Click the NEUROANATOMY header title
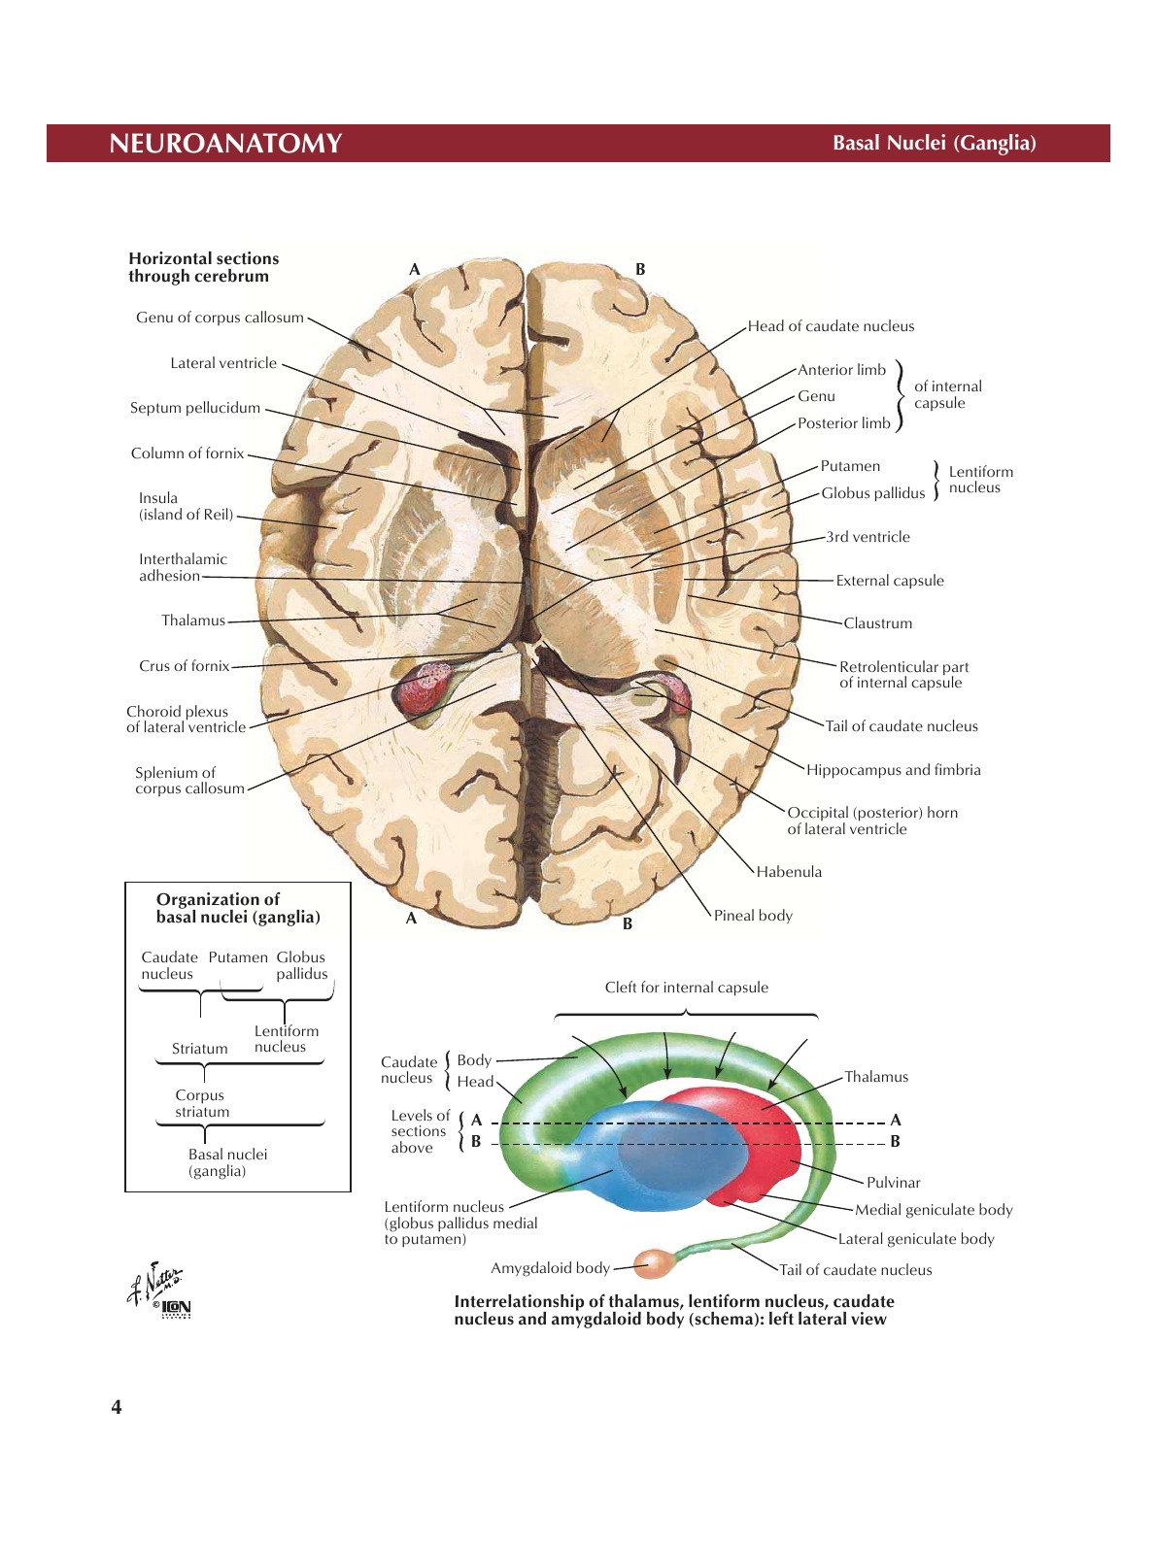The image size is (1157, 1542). point(225,144)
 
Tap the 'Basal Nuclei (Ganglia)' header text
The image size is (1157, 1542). point(934,144)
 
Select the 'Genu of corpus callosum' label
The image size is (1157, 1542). point(220,318)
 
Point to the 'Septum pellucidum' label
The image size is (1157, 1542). point(195,408)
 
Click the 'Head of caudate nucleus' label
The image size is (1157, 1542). point(831,326)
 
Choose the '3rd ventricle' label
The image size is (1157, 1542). point(868,537)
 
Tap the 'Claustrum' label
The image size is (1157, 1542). point(877,623)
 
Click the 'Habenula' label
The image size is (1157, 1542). point(789,872)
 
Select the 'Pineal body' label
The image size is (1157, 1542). point(753,916)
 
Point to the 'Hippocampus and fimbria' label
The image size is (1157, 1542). point(893,770)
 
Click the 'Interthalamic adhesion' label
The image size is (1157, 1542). point(182,567)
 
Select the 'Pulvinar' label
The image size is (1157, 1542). point(893,1183)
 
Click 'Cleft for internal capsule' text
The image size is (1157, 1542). point(686,988)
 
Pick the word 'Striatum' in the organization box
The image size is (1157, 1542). point(199,1049)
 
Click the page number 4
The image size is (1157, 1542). point(117,1407)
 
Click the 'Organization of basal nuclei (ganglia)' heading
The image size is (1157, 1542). point(237,908)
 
